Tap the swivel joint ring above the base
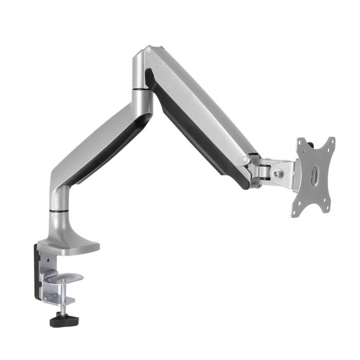tap(60, 210)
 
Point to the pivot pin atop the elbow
tap(148, 50)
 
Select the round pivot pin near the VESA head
tap(246, 159)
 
